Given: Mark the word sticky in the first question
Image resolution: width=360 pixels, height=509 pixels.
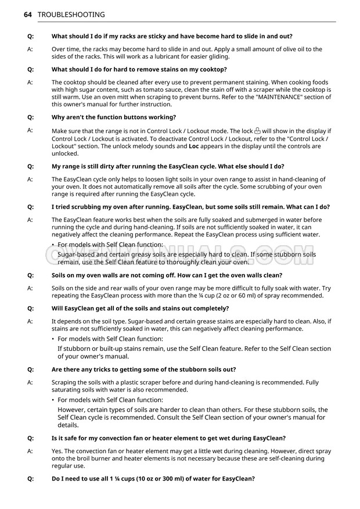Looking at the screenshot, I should (168, 37).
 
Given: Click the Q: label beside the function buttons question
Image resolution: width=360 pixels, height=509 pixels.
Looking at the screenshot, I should (30, 117).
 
